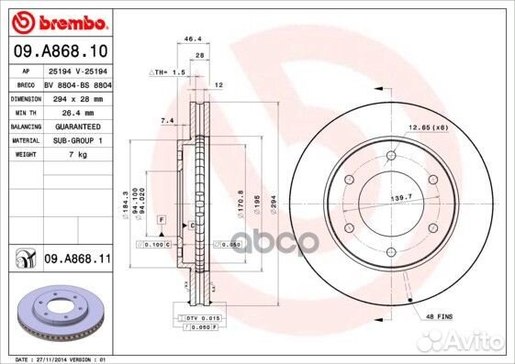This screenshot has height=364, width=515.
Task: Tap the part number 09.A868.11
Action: click(75, 260)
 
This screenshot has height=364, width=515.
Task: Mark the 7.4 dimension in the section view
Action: click(167, 120)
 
